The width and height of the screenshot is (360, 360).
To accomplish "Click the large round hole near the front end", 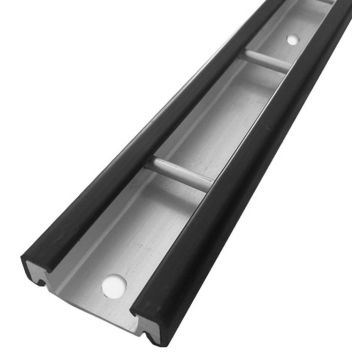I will (x=113, y=286).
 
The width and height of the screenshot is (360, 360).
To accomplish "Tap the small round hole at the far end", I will (x=291, y=41).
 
